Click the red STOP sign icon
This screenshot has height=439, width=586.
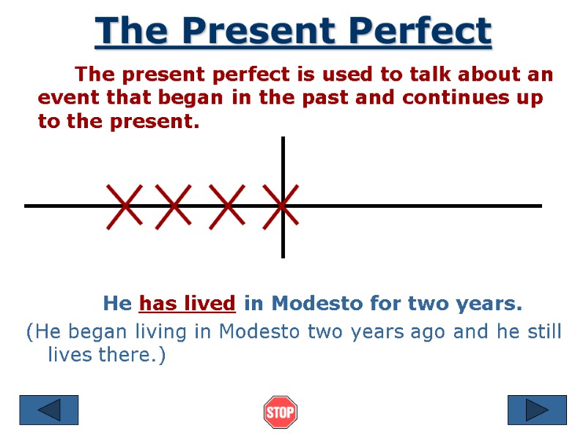(280, 411)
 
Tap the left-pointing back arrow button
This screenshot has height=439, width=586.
(48, 410)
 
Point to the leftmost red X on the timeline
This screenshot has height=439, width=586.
(125, 206)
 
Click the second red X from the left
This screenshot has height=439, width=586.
(174, 206)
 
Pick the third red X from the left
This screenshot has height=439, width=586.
(226, 206)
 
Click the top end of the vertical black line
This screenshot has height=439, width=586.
(283, 139)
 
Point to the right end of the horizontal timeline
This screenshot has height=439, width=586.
(539, 206)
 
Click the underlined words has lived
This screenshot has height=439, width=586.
(188, 303)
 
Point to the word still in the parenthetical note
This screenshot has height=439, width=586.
(541, 332)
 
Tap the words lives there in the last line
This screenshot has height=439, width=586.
(105, 356)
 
